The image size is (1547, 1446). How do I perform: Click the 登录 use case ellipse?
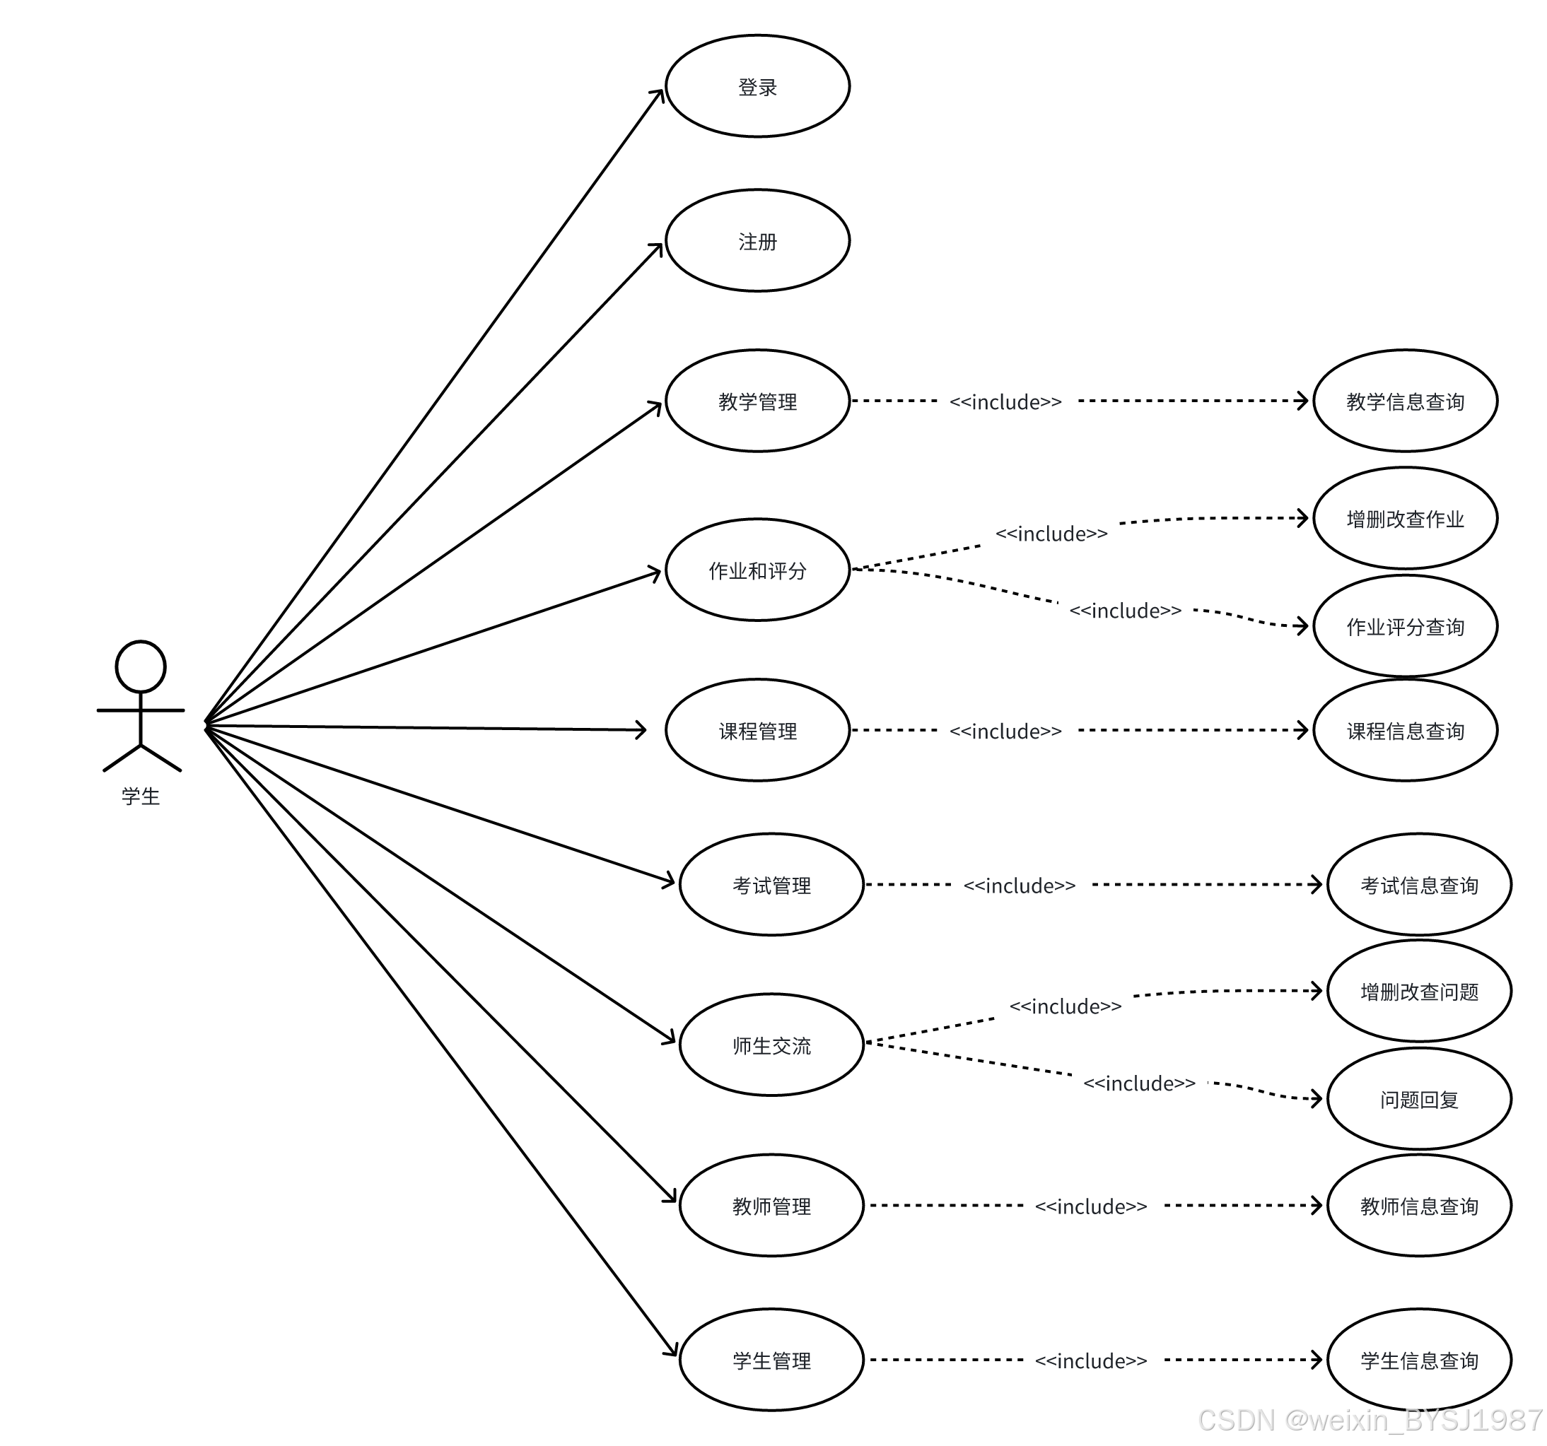[x=757, y=86]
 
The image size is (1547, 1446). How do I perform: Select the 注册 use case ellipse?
[x=757, y=241]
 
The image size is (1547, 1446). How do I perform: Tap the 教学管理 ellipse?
[x=757, y=401]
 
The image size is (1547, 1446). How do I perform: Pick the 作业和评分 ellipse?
[x=757, y=570]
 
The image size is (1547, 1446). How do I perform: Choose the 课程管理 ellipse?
[x=757, y=730]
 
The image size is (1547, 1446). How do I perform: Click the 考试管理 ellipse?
[x=771, y=884]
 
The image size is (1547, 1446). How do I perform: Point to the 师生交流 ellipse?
[x=771, y=1045]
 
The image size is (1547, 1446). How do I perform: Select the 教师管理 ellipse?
[x=771, y=1205]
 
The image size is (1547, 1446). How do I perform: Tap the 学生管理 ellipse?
[x=771, y=1360]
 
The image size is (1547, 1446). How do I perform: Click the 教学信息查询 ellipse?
[x=1405, y=401]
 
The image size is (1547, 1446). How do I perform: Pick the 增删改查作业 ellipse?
[x=1405, y=518]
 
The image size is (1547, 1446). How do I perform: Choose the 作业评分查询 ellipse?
[x=1405, y=626]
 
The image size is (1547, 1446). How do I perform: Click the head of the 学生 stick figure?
[x=141, y=666]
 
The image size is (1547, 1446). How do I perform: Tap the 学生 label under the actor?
[x=141, y=796]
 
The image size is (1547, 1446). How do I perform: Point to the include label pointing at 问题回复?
[x=1139, y=1083]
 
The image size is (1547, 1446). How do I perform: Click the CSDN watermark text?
[x=1370, y=1421]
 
